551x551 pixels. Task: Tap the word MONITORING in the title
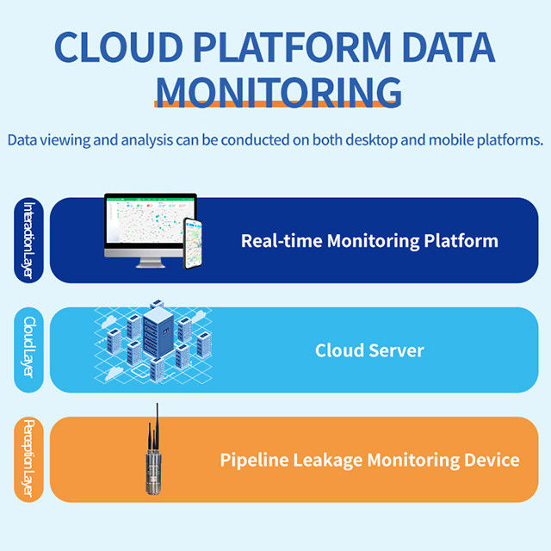click(278, 90)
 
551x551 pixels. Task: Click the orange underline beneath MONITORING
click(278, 105)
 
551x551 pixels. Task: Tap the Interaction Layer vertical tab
click(29, 240)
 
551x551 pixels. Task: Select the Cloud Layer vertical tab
click(29, 349)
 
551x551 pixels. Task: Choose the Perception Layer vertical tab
click(29, 459)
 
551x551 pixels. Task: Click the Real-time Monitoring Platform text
click(369, 240)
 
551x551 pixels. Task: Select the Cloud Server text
click(369, 350)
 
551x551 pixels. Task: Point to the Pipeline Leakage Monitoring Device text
click(369, 460)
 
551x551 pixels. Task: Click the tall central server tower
click(158, 338)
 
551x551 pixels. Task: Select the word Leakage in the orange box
click(325, 460)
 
